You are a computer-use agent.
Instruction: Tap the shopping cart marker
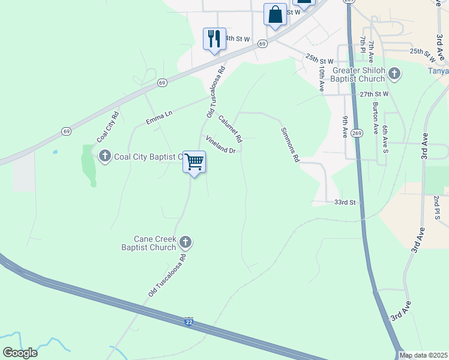pos(194,162)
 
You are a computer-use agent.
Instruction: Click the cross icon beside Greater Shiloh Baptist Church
pos(394,74)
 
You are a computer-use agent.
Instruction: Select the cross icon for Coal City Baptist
pos(105,157)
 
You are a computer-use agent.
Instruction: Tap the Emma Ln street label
pos(159,117)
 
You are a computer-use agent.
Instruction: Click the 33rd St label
pos(345,203)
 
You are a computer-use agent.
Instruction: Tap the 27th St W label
pos(375,94)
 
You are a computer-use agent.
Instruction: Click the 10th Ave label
pos(322,79)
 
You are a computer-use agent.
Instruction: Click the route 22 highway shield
pos(189,322)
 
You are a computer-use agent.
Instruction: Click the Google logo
pos(20,352)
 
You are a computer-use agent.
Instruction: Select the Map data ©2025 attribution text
pos(423,355)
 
